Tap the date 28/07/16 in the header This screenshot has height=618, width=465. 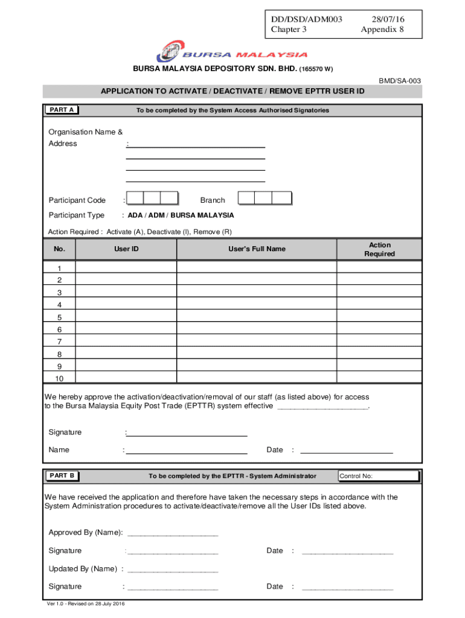pos(382,19)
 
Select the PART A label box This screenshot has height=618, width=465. pos(62,110)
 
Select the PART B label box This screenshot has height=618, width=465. pos(62,476)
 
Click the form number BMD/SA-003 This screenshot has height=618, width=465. pos(400,81)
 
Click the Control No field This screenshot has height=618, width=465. pos(379,476)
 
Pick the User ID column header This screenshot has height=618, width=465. pos(126,249)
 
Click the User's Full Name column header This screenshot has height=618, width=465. pos(257,249)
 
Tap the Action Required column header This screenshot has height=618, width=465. pos(379,249)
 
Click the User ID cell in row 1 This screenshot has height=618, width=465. pos(126,267)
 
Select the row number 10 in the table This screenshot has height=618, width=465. pos(59,379)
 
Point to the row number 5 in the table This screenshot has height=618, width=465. pos(59,317)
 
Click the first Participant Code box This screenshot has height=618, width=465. pos(135,199)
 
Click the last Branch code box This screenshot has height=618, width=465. pos(281,199)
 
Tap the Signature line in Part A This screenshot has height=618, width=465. pos(187,433)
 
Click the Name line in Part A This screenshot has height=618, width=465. pos(187,450)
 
